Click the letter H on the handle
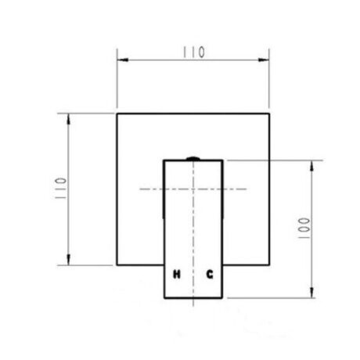pos(177,275)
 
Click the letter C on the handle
pos(210,275)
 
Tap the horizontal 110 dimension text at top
pos(193,52)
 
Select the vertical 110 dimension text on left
pos(61,189)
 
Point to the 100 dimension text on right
pos(304,228)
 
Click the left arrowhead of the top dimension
pos(123,60)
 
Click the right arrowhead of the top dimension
pos(264,60)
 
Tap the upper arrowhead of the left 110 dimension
pos(68,119)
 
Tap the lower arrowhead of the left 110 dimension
pos(68,260)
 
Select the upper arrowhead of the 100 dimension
pos(311,166)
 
